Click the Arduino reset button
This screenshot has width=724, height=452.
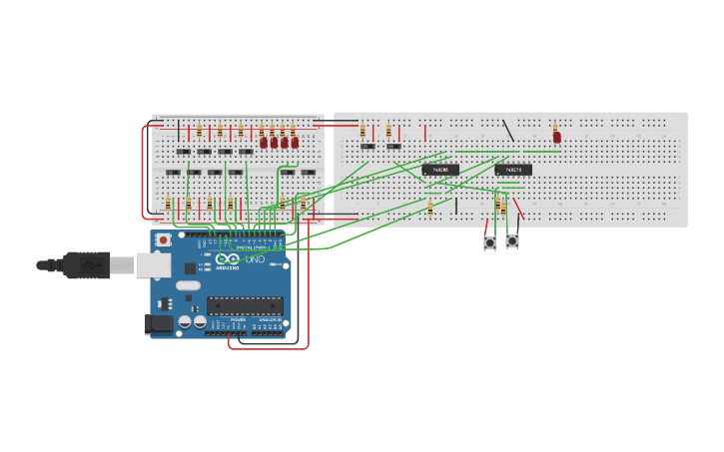163,240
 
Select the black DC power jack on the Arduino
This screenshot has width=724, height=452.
156,322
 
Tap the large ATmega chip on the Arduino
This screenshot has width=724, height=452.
244,305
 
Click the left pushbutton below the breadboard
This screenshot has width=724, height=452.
490,242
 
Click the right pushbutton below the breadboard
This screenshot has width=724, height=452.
512,240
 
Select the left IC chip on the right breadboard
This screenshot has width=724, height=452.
440,170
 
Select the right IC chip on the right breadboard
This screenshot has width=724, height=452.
513,170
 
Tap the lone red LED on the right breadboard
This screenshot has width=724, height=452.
557,137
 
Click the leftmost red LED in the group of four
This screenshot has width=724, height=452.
264,143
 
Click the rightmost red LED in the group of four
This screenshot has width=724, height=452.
295,143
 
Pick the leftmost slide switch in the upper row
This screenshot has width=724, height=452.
184,152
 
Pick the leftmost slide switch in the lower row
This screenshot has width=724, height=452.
173,173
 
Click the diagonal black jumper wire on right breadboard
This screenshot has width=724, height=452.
508,131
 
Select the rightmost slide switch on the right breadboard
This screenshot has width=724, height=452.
393,147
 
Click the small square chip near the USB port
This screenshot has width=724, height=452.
190,267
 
